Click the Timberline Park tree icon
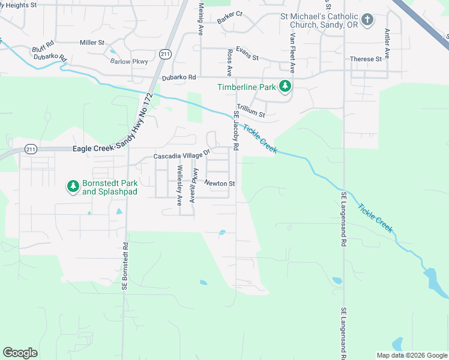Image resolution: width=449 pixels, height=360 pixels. (x=286, y=87)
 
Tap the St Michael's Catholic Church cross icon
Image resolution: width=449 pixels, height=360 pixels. (x=368, y=20)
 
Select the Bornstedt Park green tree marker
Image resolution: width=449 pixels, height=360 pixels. (x=73, y=187)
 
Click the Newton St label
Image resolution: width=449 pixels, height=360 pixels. (x=219, y=183)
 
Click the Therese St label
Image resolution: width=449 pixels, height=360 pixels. (x=366, y=59)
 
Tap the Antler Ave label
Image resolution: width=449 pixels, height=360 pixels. (x=387, y=43)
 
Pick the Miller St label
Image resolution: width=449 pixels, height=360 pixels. (x=92, y=43)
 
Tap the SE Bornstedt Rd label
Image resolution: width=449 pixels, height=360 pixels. (x=125, y=266)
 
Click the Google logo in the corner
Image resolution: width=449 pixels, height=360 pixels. (x=20, y=353)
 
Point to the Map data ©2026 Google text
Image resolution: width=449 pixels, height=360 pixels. (x=411, y=355)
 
